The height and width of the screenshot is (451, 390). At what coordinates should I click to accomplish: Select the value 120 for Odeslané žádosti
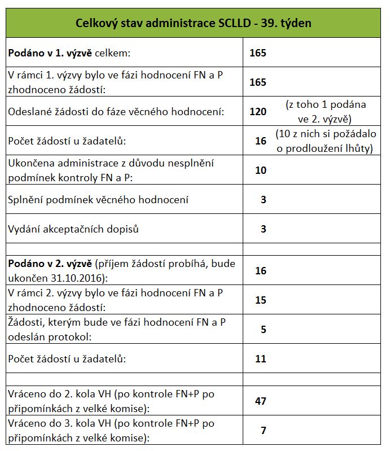coord(257,111)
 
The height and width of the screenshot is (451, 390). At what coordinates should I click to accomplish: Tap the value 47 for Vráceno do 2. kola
coord(260,401)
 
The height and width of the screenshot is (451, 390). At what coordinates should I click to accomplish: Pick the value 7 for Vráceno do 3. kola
coord(263,431)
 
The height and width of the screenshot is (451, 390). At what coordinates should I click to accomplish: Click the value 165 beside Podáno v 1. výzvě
coord(257,53)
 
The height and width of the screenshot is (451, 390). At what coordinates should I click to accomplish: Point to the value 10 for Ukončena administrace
coord(260,170)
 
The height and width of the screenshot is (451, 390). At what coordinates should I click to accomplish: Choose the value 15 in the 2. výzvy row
coord(260,300)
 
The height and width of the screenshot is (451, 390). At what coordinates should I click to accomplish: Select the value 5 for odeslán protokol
coord(263,329)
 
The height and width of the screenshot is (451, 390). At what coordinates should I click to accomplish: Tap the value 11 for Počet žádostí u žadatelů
coord(260,358)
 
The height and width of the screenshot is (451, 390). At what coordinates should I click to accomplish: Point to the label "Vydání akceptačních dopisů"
coord(73,229)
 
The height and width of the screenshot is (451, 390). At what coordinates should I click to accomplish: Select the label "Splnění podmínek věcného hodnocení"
coord(98,199)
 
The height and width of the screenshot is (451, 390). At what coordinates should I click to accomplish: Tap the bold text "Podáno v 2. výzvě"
coord(50,264)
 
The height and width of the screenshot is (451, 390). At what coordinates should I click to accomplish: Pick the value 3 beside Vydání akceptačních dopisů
coord(263,229)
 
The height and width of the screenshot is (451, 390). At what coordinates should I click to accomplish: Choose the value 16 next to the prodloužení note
coord(260,141)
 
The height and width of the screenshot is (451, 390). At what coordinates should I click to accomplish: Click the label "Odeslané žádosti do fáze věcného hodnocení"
coord(116,111)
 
